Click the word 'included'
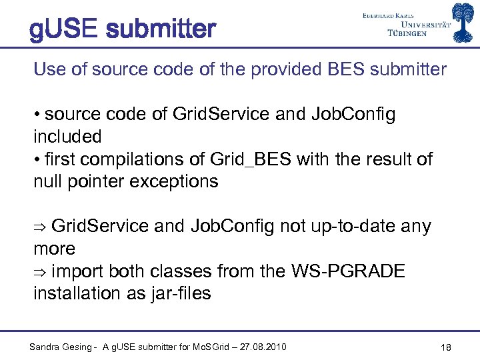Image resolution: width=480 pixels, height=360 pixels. pos(67,137)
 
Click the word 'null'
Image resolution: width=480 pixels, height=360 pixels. pos(48,181)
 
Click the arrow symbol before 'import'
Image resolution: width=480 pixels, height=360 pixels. pos(39,271)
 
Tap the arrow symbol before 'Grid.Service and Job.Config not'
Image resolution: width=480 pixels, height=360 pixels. pos(39,227)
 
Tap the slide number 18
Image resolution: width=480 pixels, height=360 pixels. pos(447,347)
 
